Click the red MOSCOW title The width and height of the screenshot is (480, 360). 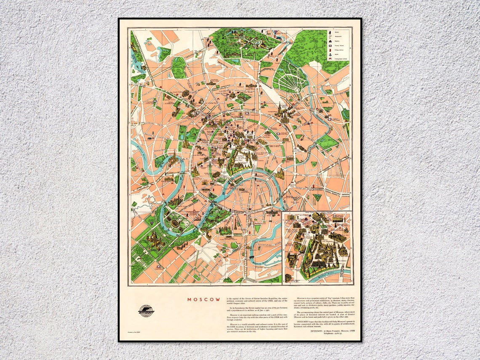point(204,300)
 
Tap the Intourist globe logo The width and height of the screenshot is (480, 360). point(146,311)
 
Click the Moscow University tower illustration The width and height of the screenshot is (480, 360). point(153,240)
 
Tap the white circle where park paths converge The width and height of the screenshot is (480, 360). point(296,90)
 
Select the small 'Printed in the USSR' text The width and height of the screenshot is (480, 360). point(135,333)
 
